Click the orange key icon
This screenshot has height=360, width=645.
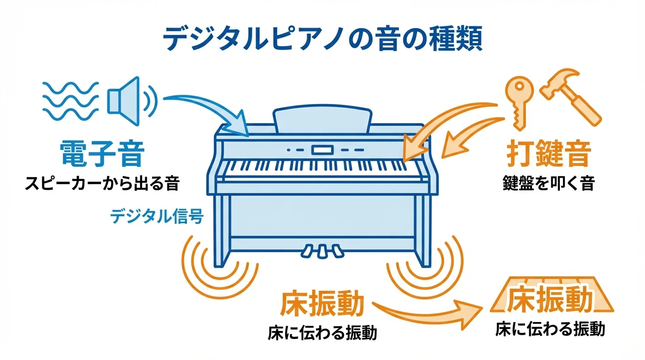519,101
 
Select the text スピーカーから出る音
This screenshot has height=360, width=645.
102,183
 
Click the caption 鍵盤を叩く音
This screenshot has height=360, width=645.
548,183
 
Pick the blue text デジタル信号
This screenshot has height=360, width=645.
157,217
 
